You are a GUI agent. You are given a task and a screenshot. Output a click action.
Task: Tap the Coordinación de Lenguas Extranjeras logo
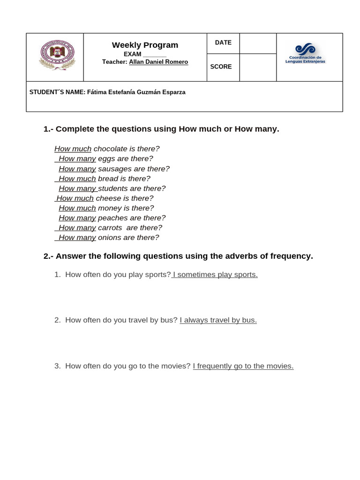[x=305, y=54]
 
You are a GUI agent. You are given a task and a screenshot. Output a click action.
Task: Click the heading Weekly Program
[x=145, y=45]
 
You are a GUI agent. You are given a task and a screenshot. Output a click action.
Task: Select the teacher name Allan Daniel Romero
[x=158, y=62]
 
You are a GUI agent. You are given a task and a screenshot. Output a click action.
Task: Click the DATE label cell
[x=223, y=43]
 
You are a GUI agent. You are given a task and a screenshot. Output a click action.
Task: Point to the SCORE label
[x=221, y=67]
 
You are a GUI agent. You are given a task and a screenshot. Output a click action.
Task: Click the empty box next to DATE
[x=257, y=43]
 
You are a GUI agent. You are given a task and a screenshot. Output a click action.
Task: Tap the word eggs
[x=106, y=158]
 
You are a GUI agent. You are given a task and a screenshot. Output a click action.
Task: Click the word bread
[x=107, y=179]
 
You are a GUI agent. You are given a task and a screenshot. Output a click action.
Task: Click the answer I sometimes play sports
[x=215, y=275]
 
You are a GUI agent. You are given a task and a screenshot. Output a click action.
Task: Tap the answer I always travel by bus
[x=218, y=320]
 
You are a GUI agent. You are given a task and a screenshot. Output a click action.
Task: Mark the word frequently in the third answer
[x=215, y=366]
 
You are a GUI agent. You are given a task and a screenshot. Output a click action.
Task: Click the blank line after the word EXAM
[x=155, y=54]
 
